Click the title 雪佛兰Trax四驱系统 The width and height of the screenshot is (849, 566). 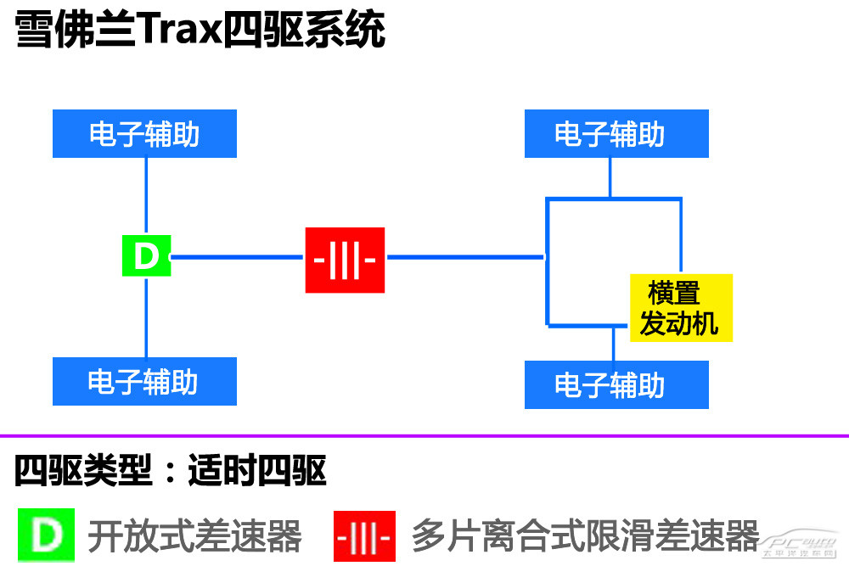click(x=200, y=31)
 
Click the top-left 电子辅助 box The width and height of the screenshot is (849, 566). click(x=144, y=134)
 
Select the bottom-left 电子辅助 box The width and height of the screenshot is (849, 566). click(x=144, y=381)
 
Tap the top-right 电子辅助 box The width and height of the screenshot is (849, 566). click(x=616, y=134)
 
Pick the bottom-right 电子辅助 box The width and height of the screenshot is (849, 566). click(x=616, y=384)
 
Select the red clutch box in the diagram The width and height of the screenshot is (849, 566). click(x=345, y=260)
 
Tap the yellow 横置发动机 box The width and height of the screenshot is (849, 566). click(x=681, y=308)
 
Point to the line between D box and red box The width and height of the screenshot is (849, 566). click(x=238, y=256)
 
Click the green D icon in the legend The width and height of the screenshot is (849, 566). click(x=45, y=536)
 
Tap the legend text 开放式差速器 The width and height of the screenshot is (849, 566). click(x=194, y=536)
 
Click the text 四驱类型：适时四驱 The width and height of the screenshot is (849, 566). click(x=170, y=472)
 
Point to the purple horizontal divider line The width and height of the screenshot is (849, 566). click(x=424, y=436)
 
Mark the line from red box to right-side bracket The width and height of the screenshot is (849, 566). click(x=464, y=256)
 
